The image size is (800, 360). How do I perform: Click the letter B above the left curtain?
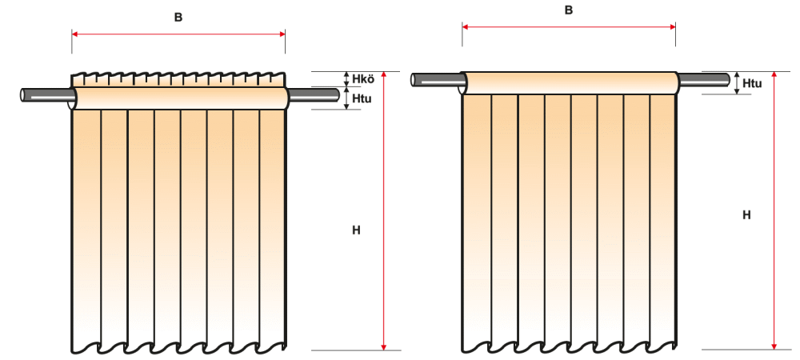coord(178,17)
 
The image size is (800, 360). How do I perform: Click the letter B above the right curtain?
coord(569,10)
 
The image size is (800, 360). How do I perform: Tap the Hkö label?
coord(363,78)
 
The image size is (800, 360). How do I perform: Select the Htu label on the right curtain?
coord(752,82)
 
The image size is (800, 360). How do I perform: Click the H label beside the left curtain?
coord(356,230)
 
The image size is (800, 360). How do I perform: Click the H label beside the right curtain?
coord(746,214)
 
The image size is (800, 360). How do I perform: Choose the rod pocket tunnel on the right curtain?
coord(569,83)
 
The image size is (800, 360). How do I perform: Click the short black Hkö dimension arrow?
coord(345,78)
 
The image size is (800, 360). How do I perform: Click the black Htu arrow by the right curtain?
coord(735,82)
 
